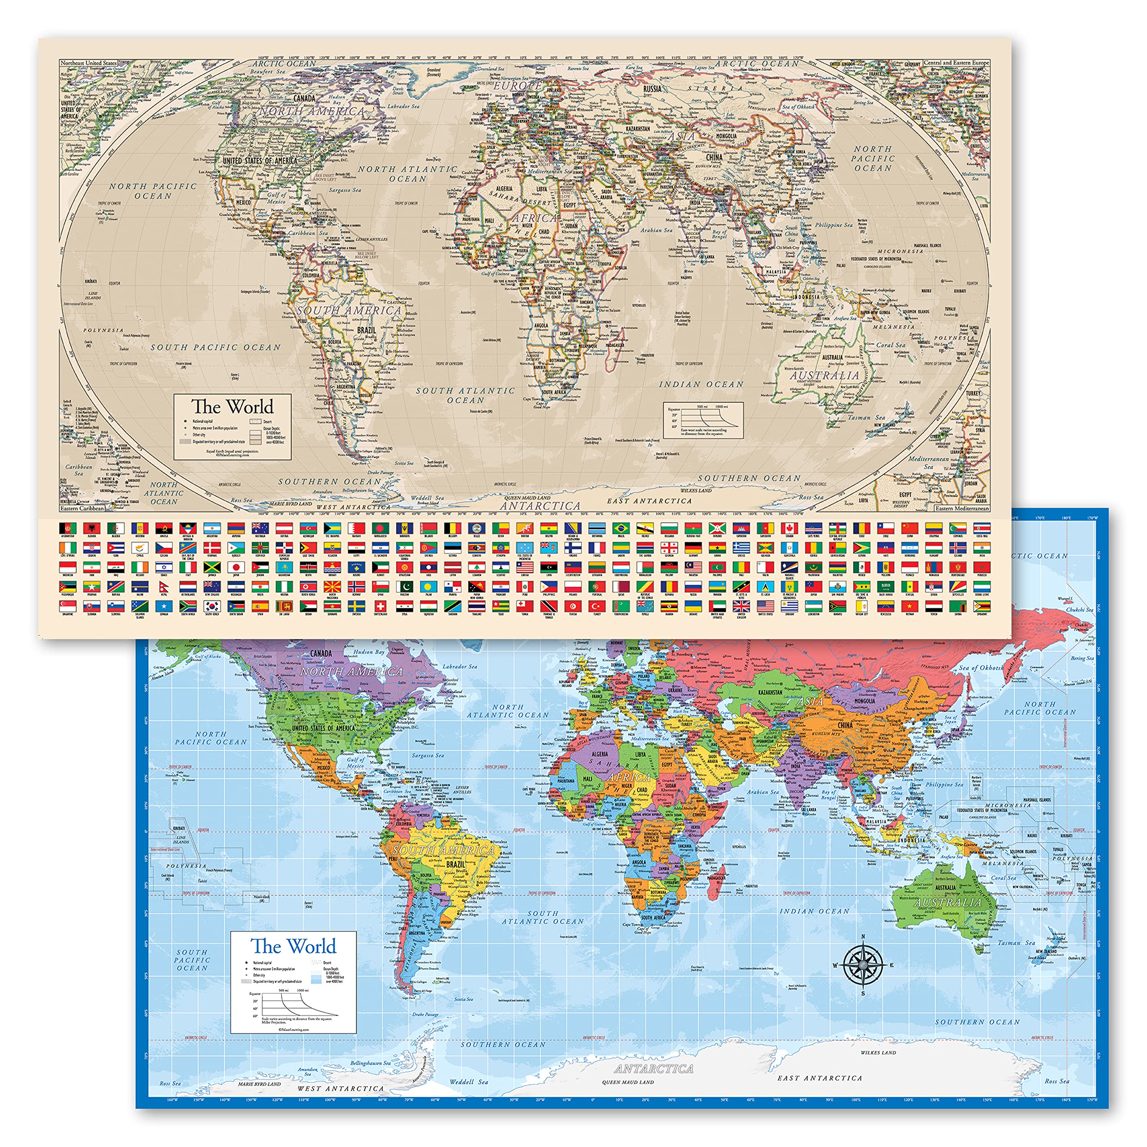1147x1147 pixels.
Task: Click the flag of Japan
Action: coord(236,568)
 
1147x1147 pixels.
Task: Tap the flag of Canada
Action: coord(789,528)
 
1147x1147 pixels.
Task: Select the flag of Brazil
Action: coord(620,528)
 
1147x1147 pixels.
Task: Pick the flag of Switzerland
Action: coord(380,606)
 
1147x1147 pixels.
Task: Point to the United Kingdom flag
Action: coord(741,606)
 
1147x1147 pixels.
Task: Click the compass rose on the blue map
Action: coord(862,965)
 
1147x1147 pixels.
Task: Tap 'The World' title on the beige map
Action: coord(232,407)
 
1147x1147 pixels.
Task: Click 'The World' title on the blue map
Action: coord(293,946)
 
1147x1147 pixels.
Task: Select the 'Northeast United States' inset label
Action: coord(89,63)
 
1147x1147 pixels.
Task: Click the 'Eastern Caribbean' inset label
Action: coord(82,508)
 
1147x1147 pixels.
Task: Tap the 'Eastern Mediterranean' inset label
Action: coord(962,508)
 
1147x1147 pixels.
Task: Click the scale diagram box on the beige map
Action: coord(703,420)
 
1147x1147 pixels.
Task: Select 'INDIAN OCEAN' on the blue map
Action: coord(815,911)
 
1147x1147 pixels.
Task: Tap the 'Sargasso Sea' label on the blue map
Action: coord(427,756)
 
